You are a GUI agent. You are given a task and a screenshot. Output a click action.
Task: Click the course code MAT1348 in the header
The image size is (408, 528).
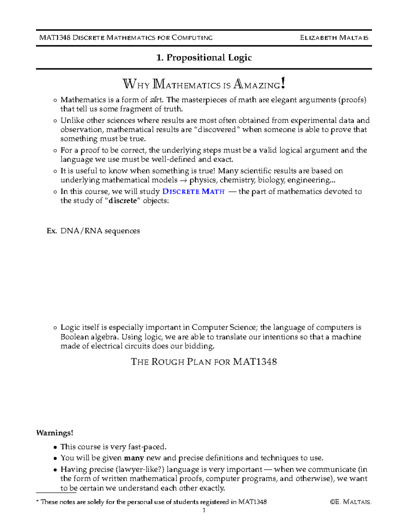point(55,38)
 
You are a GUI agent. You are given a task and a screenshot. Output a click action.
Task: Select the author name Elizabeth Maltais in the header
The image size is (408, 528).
point(334,38)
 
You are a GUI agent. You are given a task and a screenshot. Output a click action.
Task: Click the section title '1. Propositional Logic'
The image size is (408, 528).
point(204,57)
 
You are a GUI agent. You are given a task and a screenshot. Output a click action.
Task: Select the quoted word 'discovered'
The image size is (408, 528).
point(217,130)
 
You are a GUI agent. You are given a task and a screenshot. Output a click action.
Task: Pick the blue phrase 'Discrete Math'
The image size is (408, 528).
point(193,191)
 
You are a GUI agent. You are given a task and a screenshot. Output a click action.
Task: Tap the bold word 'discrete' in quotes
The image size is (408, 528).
point(122,201)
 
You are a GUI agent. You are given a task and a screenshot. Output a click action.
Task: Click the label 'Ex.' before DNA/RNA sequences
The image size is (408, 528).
point(51,231)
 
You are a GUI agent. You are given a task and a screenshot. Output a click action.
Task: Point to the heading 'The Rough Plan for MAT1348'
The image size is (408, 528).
point(204,362)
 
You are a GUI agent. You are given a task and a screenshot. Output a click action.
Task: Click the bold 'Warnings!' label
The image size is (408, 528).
point(55,433)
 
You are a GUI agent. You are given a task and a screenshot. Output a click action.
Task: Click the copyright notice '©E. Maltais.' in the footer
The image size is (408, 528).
point(351,502)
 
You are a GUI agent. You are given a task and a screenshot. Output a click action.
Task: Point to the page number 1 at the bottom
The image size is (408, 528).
point(204,510)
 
